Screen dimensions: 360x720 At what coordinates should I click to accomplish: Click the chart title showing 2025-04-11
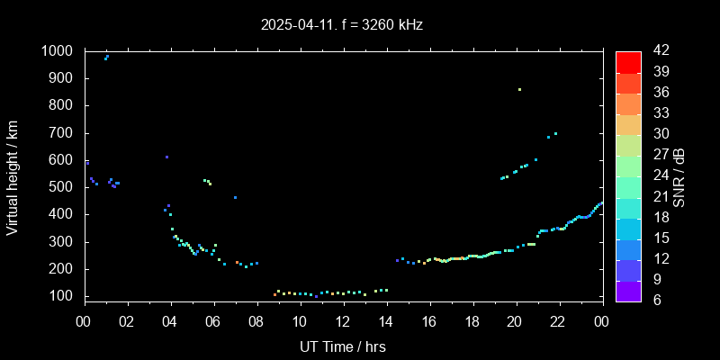pos(342,24)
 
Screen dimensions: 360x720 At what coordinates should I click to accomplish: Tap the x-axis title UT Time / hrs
pos(342,346)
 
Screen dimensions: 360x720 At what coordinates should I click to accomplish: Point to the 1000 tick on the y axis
pos(59,51)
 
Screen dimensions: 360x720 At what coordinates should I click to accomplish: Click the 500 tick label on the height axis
pos(63,187)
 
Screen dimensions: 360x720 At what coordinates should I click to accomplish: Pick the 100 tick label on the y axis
pos(63,296)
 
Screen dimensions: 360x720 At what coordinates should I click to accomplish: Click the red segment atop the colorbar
pos(628,61)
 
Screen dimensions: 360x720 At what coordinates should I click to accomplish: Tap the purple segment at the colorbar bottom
pos(628,290)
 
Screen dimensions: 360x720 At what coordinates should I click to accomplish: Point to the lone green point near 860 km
pos(519,89)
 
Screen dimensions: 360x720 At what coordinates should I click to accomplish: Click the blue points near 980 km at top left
pos(106,57)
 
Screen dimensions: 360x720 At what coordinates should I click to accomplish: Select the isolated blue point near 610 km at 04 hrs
pos(166,157)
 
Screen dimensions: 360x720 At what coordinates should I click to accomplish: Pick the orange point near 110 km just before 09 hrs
pos(274,294)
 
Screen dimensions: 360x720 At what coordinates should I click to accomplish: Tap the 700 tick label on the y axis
pos(63,133)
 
